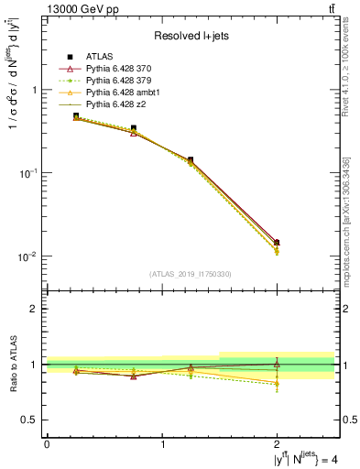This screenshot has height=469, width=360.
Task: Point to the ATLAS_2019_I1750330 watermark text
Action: (x=190, y=274)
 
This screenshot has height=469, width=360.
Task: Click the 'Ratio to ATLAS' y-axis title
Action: (x=12, y=365)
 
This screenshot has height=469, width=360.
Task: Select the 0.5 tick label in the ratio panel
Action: (x=28, y=420)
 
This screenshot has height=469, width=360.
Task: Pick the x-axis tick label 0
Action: (x=47, y=443)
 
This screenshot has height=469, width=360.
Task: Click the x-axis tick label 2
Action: (x=278, y=443)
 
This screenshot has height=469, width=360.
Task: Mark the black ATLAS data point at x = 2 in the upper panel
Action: (x=278, y=243)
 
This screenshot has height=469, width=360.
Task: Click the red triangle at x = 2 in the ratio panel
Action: (x=278, y=364)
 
